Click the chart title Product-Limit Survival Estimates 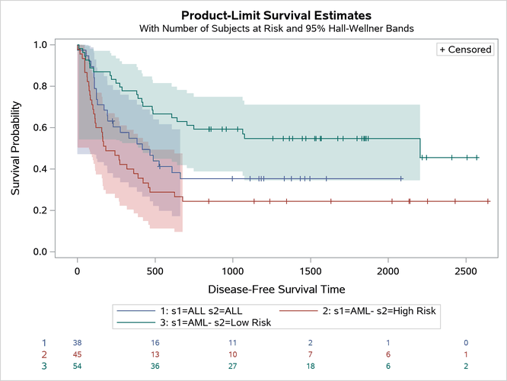[x=276, y=14]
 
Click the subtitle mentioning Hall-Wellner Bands [x=276, y=28]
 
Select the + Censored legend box [x=465, y=49]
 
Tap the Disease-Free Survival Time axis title [x=276, y=290]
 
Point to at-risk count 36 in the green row [x=155, y=366]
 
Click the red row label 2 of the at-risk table [x=44, y=354]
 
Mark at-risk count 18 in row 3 [x=311, y=366]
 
